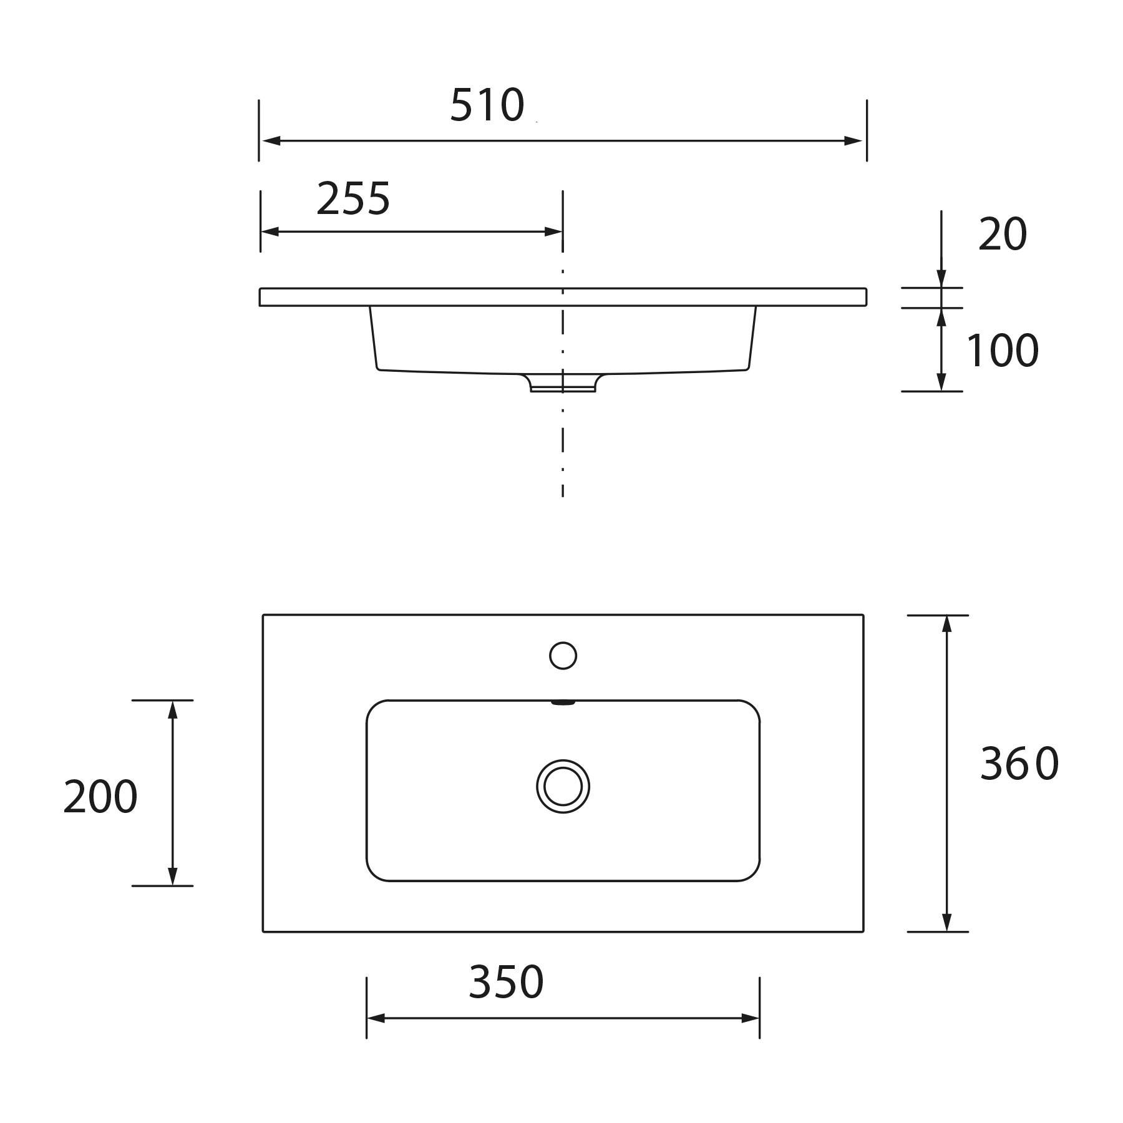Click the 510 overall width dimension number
click(487, 105)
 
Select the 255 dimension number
click(353, 200)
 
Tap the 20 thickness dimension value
click(1002, 235)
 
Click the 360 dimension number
click(1019, 764)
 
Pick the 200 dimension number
click(100, 797)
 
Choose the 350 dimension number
click(506, 982)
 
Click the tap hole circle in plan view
click(563, 656)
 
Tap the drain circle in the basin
click(563, 786)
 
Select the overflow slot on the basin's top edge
click(563, 702)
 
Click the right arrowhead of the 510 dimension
click(853, 141)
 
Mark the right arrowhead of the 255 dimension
click(553, 232)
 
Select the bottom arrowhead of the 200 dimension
click(173, 876)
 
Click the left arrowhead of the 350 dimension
click(376, 1018)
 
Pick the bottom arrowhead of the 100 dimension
click(941, 382)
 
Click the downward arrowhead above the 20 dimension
click(941, 278)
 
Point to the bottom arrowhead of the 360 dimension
click(946, 922)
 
